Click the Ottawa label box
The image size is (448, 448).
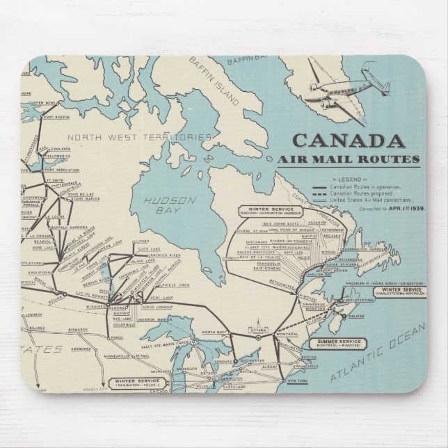point(258,328)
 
